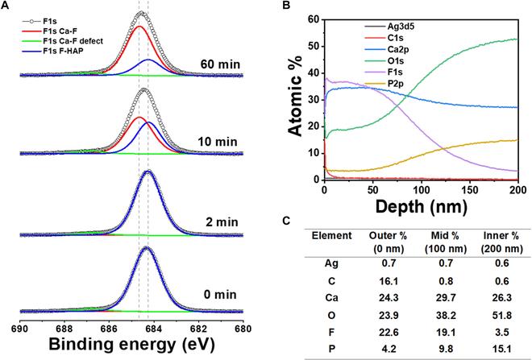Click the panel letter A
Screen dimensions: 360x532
click(6, 6)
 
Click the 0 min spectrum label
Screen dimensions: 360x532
click(219, 297)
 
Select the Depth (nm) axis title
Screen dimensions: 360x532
click(419, 210)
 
